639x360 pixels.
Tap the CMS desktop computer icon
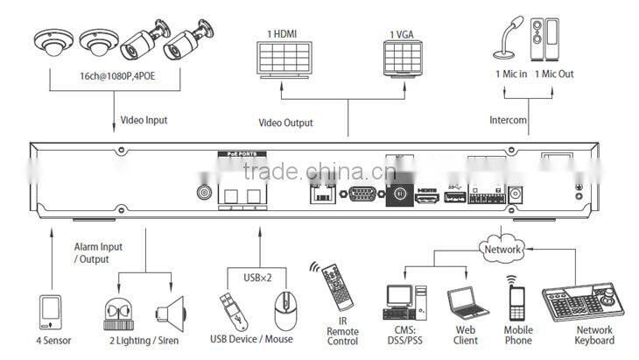click(404, 302)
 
